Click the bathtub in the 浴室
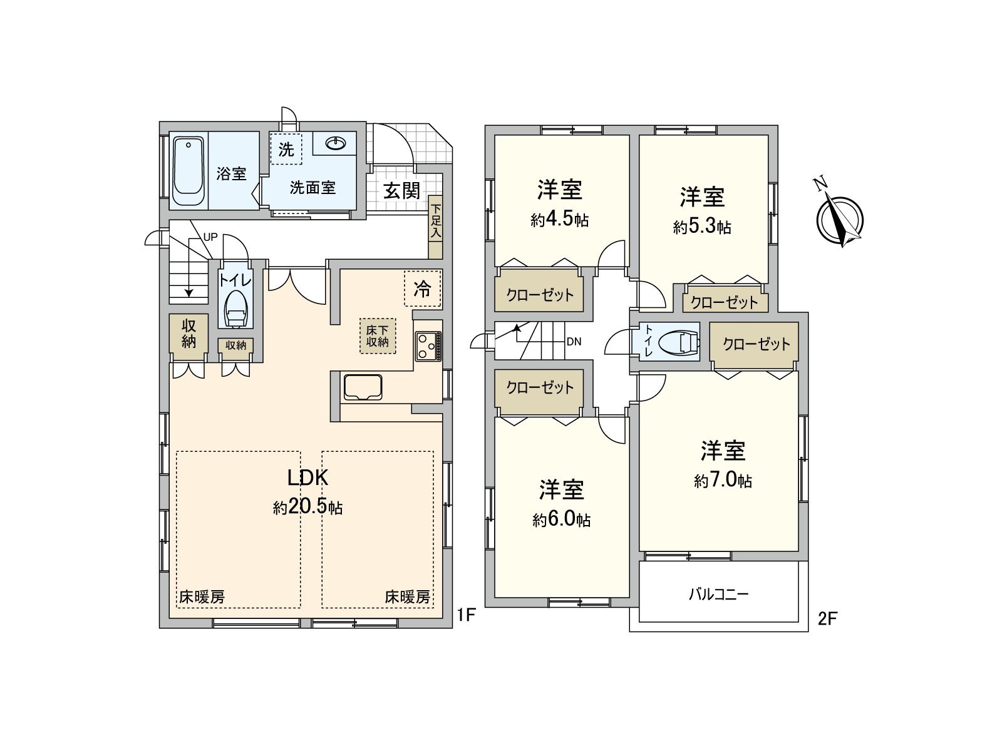189,172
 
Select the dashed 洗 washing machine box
286,149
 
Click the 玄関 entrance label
401,190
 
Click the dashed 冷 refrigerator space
423,289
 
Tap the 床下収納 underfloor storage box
378,336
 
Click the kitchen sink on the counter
363,387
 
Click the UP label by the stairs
210,238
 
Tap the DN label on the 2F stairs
574,342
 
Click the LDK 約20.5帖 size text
307,507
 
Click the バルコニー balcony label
718,594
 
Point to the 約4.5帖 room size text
559,220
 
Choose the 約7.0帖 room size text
723,481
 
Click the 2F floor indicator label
827,618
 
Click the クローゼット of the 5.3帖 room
725,303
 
